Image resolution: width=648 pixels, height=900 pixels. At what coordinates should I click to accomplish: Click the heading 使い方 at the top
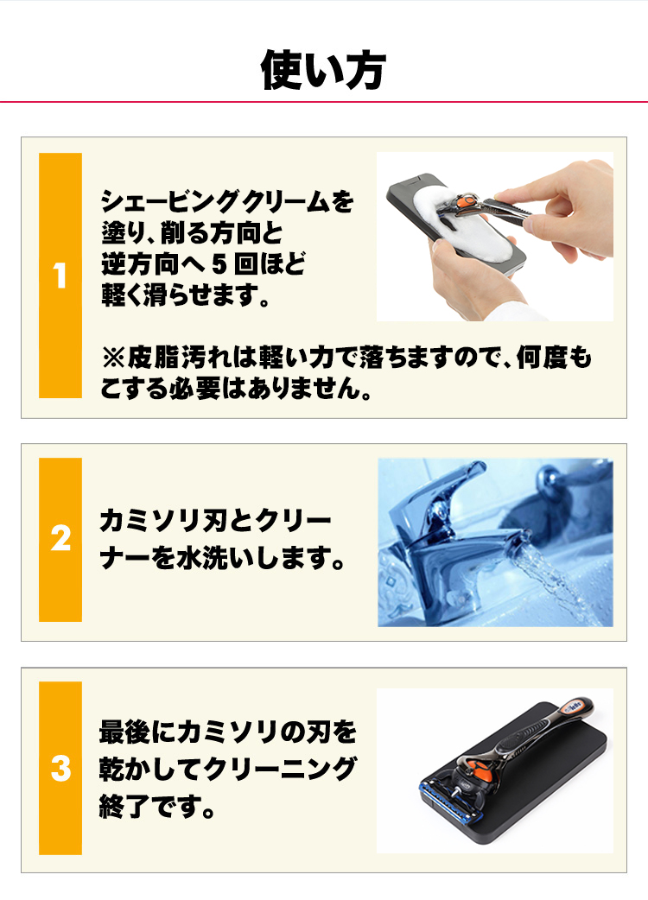tap(323, 71)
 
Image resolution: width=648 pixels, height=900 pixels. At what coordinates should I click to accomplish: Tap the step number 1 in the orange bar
tap(60, 277)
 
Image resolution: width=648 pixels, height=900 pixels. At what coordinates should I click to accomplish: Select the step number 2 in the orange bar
tap(60, 540)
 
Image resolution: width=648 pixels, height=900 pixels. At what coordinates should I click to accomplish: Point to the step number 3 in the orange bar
tap(60, 768)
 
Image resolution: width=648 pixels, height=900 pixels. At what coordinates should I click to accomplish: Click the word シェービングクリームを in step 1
tap(227, 203)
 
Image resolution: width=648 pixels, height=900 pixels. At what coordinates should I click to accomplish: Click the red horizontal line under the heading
tap(324, 102)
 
